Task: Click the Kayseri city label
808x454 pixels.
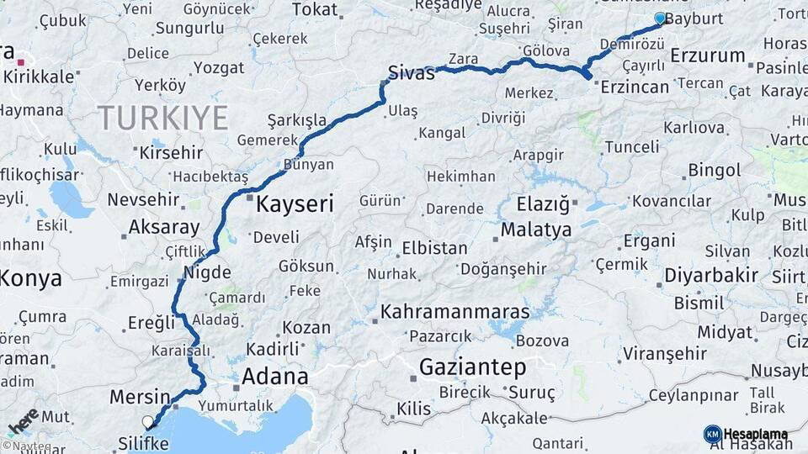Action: (x=295, y=203)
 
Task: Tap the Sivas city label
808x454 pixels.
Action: (x=411, y=72)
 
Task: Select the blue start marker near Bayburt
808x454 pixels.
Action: (x=660, y=18)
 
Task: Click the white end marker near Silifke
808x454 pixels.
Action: (x=148, y=422)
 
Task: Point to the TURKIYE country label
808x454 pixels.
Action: (x=162, y=119)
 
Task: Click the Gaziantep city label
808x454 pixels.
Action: (x=472, y=367)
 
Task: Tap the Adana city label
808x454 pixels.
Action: (x=274, y=377)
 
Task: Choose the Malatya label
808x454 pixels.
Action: (x=536, y=230)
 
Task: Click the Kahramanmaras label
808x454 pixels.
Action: (x=455, y=312)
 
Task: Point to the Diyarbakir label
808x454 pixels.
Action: (x=711, y=276)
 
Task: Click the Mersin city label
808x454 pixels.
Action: (x=140, y=397)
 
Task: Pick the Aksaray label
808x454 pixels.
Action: (x=164, y=228)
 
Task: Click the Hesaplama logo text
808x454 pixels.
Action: (x=755, y=434)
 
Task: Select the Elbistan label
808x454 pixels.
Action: (x=434, y=249)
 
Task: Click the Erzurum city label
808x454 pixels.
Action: (x=708, y=56)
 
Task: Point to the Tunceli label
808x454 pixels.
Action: (x=631, y=147)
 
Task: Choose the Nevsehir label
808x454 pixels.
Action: (x=144, y=200)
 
